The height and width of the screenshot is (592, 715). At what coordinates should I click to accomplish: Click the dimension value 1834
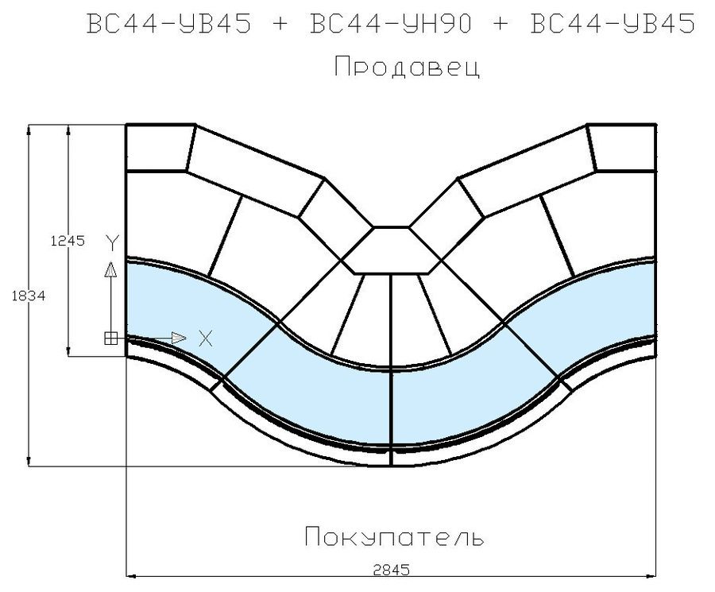tap(29, 296)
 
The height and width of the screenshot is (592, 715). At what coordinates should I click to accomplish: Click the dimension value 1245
tap(68, 241)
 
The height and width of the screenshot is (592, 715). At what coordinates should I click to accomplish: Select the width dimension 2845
tap(391, 570)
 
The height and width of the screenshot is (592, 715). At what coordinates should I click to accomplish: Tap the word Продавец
tap(408, 67)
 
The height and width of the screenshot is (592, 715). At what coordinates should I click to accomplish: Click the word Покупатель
tap(394, 536)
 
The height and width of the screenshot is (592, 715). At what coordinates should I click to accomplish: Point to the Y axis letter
tap(112, 242)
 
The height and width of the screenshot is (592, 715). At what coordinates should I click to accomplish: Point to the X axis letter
tap(206, 339)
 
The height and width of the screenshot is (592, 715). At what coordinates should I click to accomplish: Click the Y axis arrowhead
tap(110, 269)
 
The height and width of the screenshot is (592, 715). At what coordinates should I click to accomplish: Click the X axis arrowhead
tap(178, 338)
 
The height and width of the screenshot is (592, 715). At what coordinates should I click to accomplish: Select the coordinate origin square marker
tap(110, 339)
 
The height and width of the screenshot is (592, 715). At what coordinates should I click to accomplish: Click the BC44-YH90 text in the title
tap(391, 23)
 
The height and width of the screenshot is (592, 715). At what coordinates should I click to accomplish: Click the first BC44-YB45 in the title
tap(168, 23)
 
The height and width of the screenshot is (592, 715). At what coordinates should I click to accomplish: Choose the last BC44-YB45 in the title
tap(613, 23)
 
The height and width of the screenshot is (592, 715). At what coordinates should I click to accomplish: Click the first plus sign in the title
tap(281, 24)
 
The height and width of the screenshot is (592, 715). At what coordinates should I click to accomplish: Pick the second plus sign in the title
tap(501, 24)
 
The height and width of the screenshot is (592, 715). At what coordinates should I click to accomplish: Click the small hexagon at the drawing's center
tap(391, 250)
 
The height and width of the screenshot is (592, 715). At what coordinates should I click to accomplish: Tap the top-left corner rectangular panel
tap(157, 147)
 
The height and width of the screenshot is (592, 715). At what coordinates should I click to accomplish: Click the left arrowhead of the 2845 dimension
tap(131, 576)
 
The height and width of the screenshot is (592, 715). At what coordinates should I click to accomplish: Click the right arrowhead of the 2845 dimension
tap(651, 576)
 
